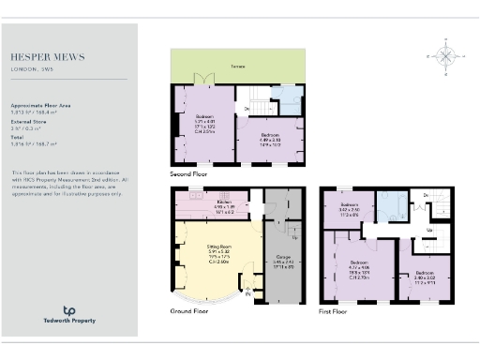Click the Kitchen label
pyautogui.click(x=225, y=202)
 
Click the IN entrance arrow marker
pyautogui.click(x=247, y=293)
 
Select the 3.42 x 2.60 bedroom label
pyautogui.click(x=350, y=209)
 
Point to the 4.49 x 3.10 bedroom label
pyautogui.click(x=272, y=140)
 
